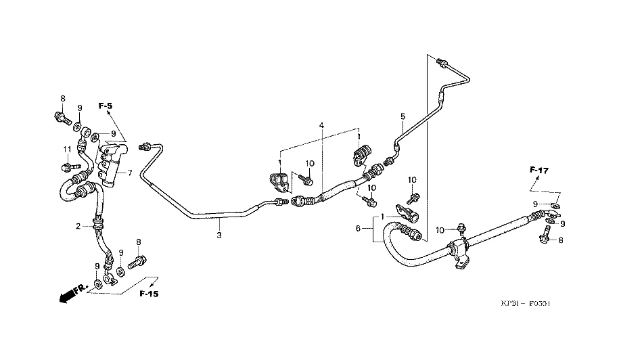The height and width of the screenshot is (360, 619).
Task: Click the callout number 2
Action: pos(78,226)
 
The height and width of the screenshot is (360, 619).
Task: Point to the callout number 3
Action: pos(219,235)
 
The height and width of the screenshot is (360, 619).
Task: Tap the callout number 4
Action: pos(322,126)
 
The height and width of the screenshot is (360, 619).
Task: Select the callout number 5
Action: pos(403,116)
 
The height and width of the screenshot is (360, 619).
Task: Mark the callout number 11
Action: pos(67,149)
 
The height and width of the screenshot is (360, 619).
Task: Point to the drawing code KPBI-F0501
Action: pos(526,304)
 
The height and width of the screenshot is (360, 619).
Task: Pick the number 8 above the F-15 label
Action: pos(139,242)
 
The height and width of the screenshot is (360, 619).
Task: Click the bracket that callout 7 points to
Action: pos(112,159)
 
